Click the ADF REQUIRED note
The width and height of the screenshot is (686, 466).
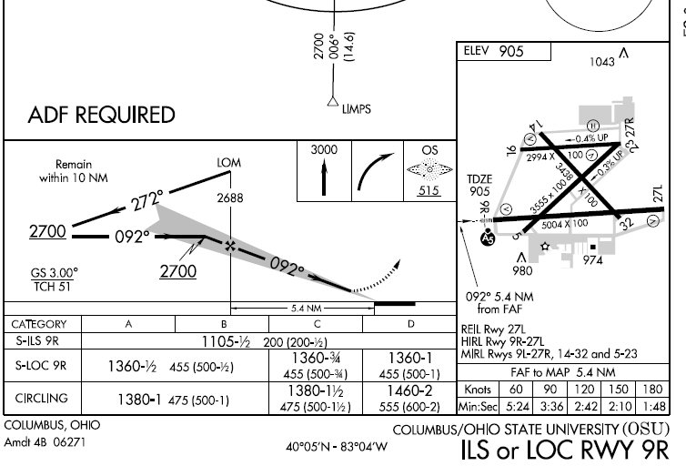tap(102, 116)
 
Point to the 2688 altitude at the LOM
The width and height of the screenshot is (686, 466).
tap(230, 198)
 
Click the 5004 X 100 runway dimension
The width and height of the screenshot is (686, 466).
tap(565, 223)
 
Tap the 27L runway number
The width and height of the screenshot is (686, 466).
tap(660, 194)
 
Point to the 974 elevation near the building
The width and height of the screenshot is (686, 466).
tap(594, 259)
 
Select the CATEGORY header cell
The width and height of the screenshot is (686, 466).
tap(39, 324)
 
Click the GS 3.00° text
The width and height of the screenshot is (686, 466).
tap(55, 272)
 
